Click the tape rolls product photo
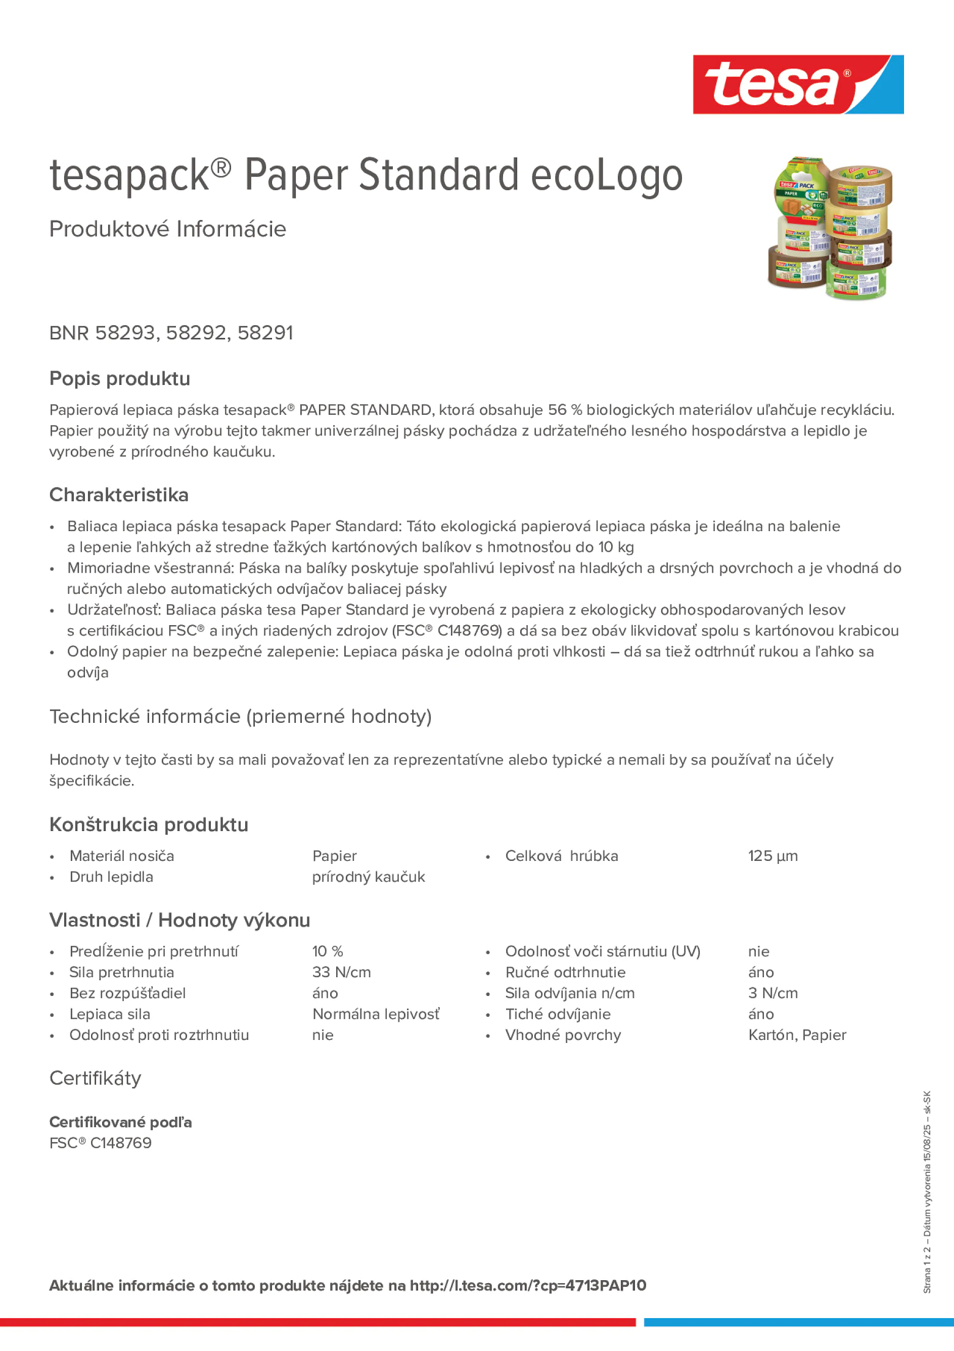click(x=830, y=228)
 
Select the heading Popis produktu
click(x=119, y=378)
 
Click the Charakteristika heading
click(x=119, y=495)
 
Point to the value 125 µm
click(x=773, y=856)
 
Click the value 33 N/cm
click(x=341, y=972)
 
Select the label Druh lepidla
click(x=111, y=877)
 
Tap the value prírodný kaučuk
click(x=368, y=877)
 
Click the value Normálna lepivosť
click(x=375, y=1014)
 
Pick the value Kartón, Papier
click(x=797, y=1035)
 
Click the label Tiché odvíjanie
click(x=558, y=1014)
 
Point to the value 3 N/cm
click(x=773, y=993)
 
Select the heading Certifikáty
click(x=95, y=1078)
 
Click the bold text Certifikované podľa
click(x=120, y=1122)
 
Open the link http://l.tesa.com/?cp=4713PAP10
click(x=528, y=1285)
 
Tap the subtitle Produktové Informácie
click(x=168, y=229)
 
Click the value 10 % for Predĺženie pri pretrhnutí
click(x=328, y=951)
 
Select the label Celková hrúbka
click(x=561, y=856)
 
